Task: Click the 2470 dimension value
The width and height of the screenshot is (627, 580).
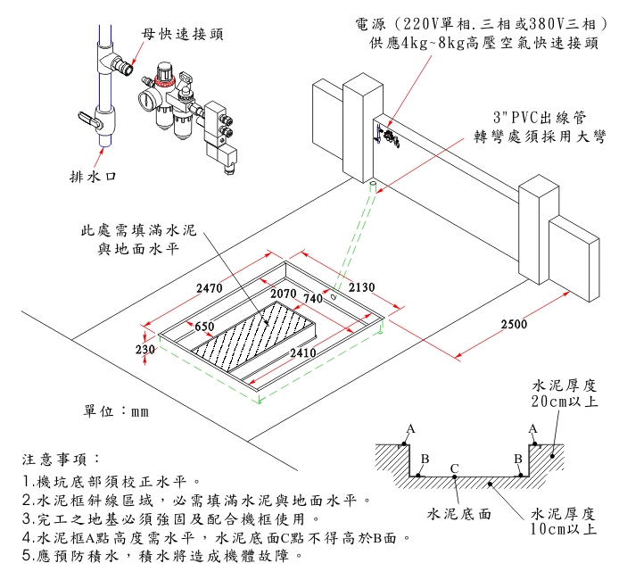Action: tap(209, 288)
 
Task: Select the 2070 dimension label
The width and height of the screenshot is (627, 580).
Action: tap(283, 294)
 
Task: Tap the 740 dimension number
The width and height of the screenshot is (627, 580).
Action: tap(313, 298)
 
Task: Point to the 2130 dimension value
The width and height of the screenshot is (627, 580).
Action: tap(361, 287)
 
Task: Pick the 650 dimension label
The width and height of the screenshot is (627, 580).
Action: tap(204, 327)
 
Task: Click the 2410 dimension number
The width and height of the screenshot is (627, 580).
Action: tap(304, 353)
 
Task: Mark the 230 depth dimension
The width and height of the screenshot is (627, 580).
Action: tap(145, 351)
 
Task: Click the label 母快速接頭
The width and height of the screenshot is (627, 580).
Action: tap(182, 34)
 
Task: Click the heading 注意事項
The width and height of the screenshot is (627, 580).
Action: tap(55, 460)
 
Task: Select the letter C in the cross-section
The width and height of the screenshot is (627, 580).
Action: tap(454, 468)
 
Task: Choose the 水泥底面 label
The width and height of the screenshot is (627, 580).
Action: tap(459, 514)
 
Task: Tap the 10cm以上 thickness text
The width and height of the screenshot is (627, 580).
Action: tap(562, 529)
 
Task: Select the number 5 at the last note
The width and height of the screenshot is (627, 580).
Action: tap(28, 556)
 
